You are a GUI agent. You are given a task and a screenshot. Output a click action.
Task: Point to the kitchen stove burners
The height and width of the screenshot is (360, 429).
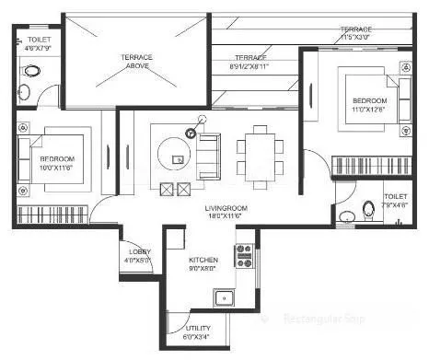(245, 255)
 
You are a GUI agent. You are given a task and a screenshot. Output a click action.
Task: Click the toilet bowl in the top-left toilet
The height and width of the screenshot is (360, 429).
(29, 71)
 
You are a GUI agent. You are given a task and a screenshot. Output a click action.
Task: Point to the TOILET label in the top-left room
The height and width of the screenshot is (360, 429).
(39, 41)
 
